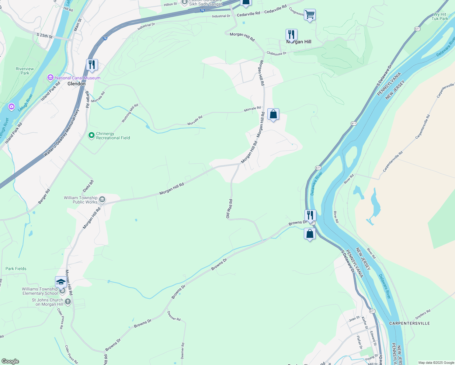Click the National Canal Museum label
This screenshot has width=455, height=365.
tap(78, 78)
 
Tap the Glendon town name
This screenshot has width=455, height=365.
tap(76, 84)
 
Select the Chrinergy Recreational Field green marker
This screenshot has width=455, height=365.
tap(91, 136)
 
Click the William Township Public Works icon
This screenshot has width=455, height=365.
tap(102, 200)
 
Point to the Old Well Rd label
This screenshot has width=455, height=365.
tap(229, 209)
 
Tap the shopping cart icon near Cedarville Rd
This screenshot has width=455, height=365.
tap(310, 14)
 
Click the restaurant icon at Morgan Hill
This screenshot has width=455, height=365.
tap(291, 35)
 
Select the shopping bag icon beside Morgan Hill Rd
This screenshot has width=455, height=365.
tap(273, 115)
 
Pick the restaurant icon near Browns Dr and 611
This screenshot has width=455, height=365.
tap(310, 215)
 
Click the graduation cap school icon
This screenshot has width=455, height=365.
tap(61, 282)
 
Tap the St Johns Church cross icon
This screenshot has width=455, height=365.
tap(68, 302)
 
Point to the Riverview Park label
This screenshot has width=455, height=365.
tap(25, 71)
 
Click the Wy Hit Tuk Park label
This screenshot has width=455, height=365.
tap(440, 16)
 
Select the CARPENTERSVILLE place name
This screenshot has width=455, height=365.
tap(409, 323)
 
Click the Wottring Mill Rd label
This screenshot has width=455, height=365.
tap(130, 113)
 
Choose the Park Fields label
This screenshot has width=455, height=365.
tap(16, 269)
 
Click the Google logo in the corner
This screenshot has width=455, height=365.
tap(10, 361)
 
